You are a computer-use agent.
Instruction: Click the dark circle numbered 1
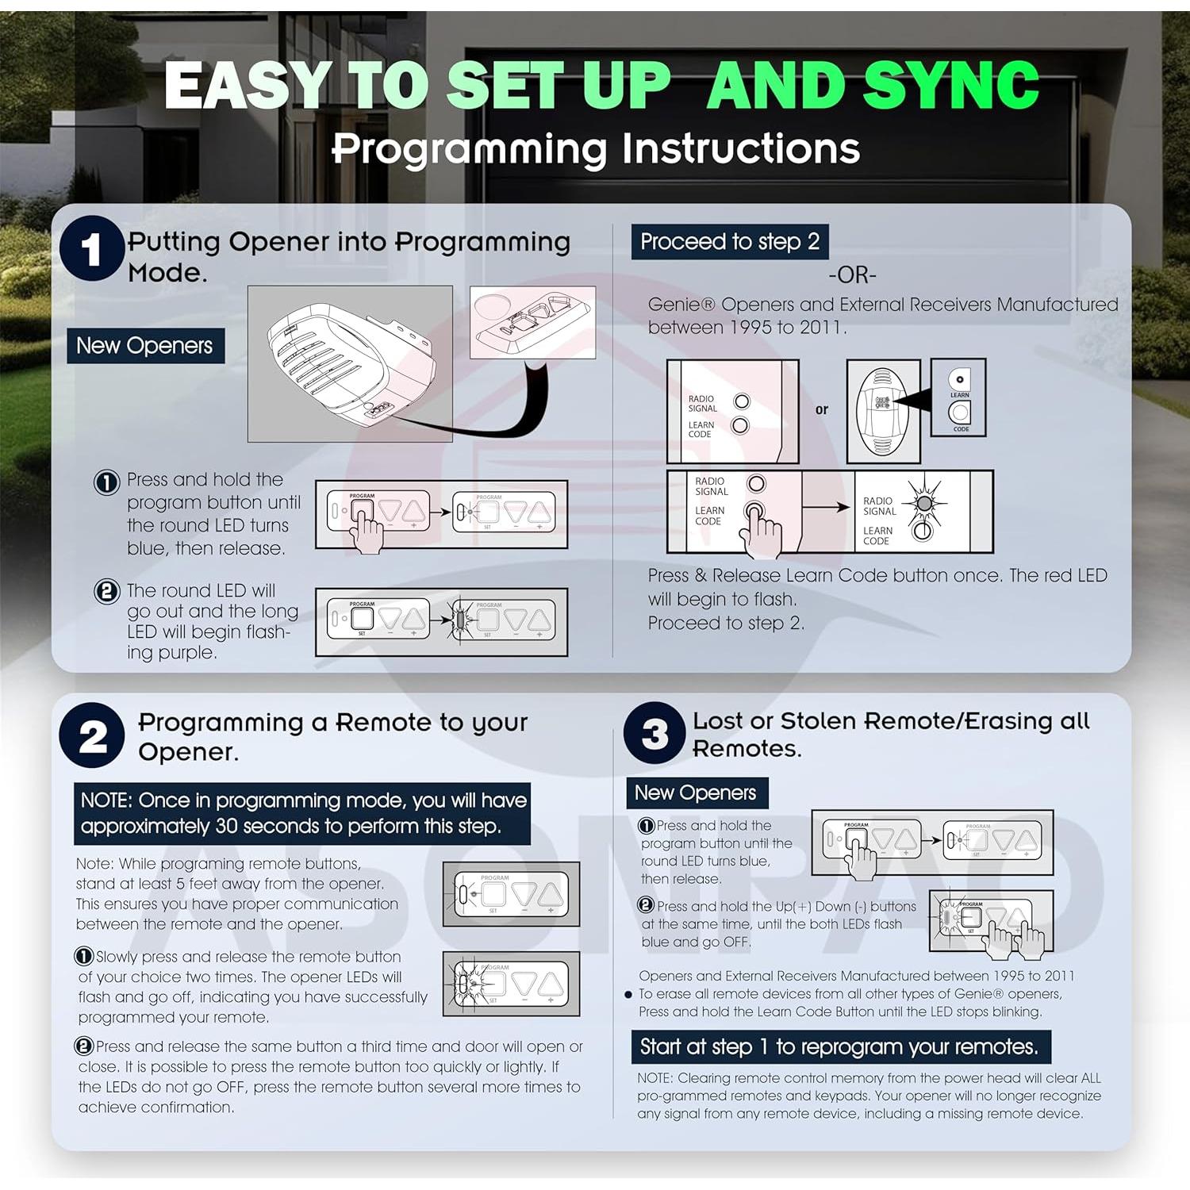pos(92,248)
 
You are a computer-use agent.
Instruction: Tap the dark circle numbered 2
pos(92,735)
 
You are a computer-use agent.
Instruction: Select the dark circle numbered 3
pos(654,733)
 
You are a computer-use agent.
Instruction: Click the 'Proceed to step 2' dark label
pos(730,242)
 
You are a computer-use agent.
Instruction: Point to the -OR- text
pos(852,275)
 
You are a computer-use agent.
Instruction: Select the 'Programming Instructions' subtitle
pos(596,148)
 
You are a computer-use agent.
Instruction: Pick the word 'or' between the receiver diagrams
pos(822,409)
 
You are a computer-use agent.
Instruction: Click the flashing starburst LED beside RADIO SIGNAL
pos(923,502)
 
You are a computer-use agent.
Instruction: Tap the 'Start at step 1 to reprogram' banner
pos(840,1047)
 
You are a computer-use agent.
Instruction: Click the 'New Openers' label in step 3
pos(697,793)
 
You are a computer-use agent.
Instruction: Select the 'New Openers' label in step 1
pos(145,346)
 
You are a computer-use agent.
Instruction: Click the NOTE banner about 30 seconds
pos(303,814)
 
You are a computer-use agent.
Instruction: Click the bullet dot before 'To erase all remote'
pos(628,994)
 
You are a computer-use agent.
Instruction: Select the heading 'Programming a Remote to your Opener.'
pos(332,737)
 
